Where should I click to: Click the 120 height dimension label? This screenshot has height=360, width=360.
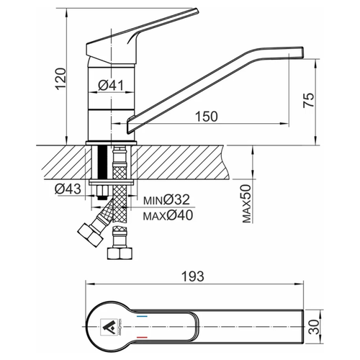60,79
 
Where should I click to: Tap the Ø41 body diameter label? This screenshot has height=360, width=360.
111,85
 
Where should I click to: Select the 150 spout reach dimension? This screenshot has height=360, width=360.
207,117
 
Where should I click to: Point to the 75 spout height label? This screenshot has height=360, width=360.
308,100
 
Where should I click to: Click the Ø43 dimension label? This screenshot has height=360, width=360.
68,189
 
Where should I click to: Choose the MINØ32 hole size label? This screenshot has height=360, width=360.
166,199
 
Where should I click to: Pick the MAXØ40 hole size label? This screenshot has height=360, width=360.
168,215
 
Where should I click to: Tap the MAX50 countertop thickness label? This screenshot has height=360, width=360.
247,204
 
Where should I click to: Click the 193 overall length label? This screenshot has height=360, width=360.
193,276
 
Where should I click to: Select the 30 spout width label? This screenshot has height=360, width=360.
314,327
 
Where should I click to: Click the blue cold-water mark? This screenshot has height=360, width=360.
142,317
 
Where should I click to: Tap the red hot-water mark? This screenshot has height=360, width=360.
142,338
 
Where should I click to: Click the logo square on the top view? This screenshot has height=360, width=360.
109,327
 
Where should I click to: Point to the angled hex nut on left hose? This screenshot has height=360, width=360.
90,235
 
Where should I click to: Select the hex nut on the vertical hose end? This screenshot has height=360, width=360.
120,253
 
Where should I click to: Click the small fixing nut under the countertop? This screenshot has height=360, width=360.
102,190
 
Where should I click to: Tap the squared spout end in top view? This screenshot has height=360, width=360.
303,327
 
